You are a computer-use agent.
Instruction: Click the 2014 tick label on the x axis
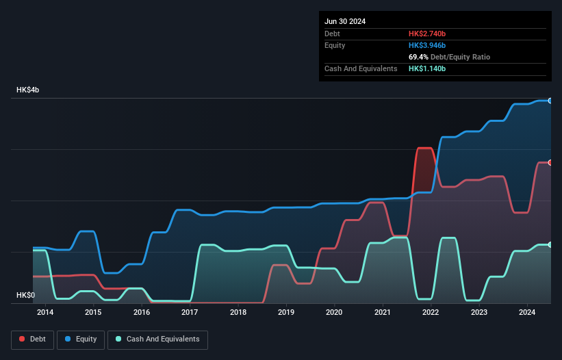[x=45, y=312]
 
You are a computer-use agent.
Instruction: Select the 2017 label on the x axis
[x=190, y=312]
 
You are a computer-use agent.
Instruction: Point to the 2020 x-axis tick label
[x=334, y=312]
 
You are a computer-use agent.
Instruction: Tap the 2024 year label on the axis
[x=527, y=312]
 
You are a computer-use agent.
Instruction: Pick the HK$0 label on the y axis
[x=26, y=295]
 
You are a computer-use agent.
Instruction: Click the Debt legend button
[x=31, y=339]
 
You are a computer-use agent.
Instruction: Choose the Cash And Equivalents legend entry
[x=157, y=339]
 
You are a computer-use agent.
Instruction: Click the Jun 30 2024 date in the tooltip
[x=345, y=21]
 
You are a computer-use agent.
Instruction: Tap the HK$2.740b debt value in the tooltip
[x=427, y=34]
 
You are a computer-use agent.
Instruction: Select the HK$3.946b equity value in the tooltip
[x=427, y=45]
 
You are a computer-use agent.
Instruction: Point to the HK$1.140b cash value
[x=427, y=68]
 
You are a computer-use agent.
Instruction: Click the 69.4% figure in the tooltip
[x=419, y=57]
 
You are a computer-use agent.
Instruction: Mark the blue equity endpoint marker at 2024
[x=550, y=101]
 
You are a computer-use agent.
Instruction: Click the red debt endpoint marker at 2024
[x=550, y=162]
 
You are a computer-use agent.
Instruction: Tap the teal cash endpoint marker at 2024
[x=550, y=244]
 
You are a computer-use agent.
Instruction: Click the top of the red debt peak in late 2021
[x=424, y=148]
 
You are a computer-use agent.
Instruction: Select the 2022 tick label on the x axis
[x=431, y=312]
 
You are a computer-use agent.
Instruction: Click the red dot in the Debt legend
[x=22, y=339]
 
